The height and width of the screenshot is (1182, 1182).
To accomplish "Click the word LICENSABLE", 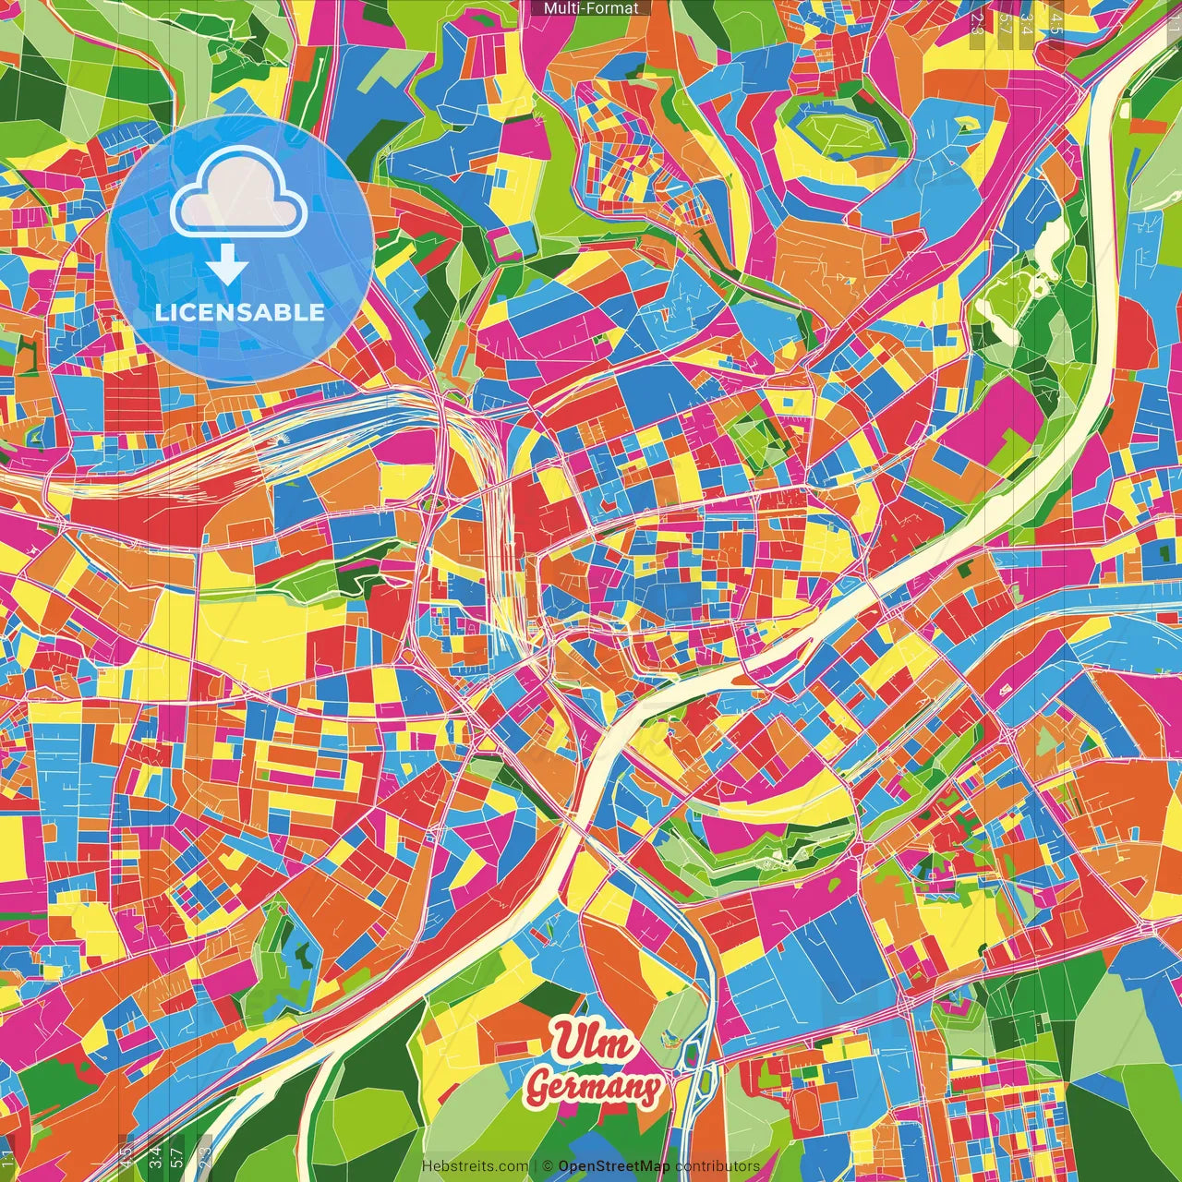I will [240, 312].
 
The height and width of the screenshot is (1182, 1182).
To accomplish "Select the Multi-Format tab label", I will [591, 8].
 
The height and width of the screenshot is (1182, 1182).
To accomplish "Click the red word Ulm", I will [594, 1043].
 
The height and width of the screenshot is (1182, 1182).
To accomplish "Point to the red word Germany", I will [593, 1087].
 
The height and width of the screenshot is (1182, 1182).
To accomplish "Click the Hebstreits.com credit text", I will [475, 1166].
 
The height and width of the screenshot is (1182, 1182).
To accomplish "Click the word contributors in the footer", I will [718, 1166].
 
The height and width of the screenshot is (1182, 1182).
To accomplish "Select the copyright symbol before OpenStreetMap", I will [548, 1166].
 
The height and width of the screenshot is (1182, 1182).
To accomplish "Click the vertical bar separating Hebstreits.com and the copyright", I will [535, 1166].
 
